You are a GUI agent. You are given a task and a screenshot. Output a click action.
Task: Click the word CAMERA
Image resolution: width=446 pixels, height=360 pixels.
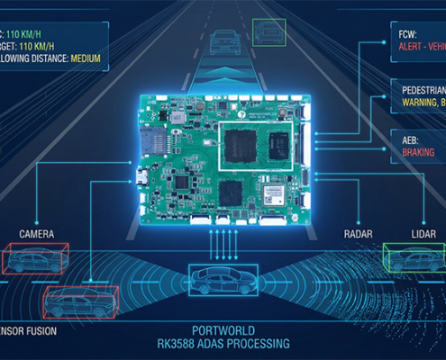36,234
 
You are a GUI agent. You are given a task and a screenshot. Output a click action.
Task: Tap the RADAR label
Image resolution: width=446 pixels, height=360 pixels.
358,234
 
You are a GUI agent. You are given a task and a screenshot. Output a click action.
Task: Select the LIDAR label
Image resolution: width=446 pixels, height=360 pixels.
423,234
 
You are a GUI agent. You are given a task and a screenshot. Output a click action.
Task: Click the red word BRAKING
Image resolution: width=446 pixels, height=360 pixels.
407,153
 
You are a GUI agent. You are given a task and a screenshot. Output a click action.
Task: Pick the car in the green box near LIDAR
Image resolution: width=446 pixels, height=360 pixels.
413,257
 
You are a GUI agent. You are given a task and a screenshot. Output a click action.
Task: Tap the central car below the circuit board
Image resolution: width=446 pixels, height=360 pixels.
222,279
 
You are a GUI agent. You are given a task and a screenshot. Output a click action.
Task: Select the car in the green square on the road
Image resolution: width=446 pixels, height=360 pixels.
267,32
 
